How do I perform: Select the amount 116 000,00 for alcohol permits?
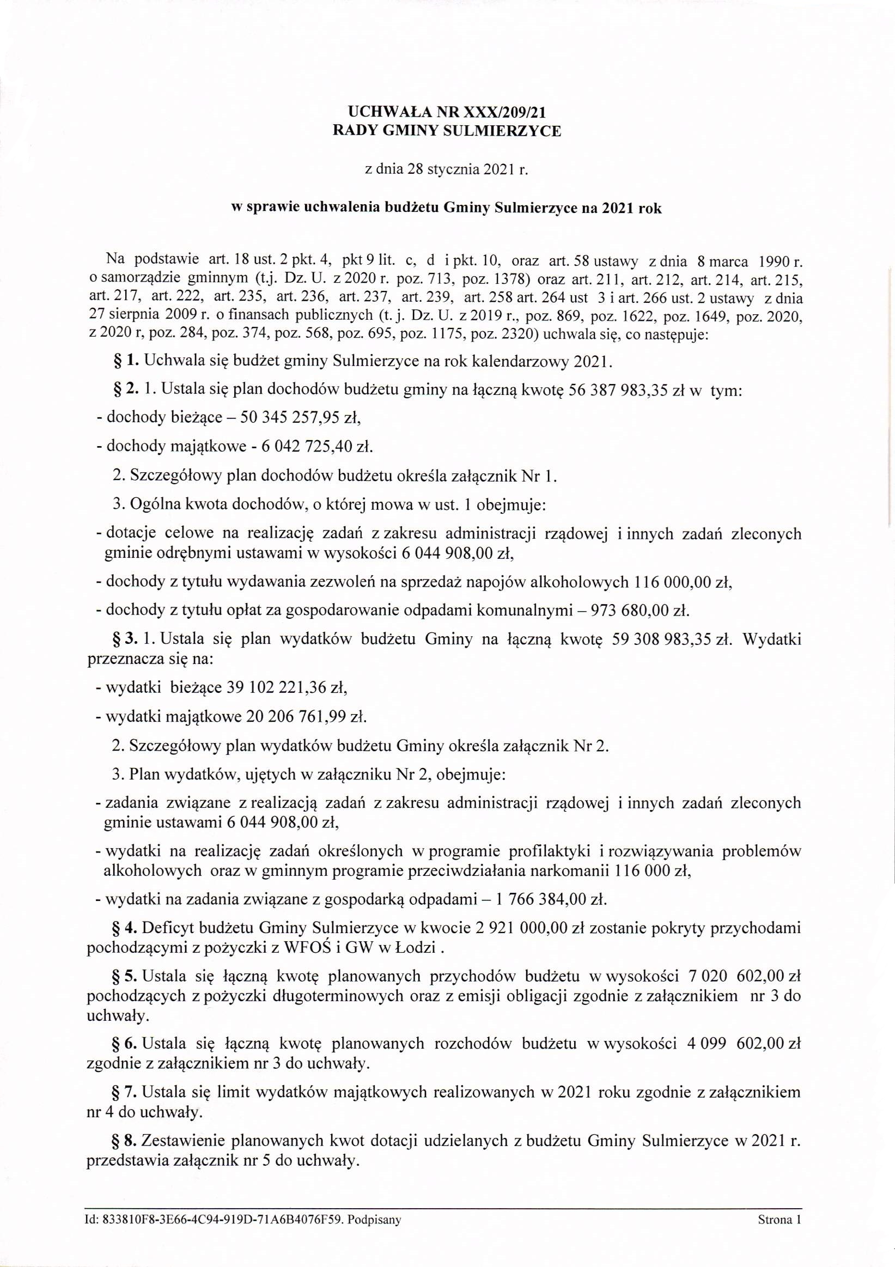(673, 582)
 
